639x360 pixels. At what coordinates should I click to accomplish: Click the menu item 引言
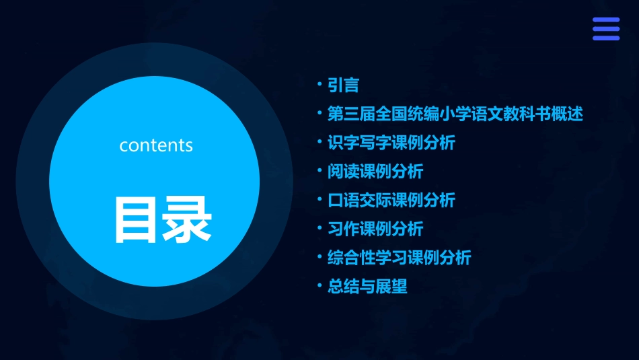coord(343,85)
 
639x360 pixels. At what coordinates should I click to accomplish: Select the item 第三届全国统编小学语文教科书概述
coord(455,114)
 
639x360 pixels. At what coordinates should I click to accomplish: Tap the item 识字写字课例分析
coord(391,143)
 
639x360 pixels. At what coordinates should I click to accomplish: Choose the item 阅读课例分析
coord(375,172)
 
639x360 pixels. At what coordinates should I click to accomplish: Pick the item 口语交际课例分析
coord(391,200)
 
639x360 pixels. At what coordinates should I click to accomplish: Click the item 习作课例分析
coord(375,229)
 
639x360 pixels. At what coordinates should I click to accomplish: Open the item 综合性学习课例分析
coord(399,258)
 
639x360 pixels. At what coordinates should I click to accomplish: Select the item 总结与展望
coord(367,287)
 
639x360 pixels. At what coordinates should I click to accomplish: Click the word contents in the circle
coord(156,145)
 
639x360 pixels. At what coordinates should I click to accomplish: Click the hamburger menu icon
coord(606,29)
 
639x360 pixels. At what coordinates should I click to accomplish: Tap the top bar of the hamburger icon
coord(606,20)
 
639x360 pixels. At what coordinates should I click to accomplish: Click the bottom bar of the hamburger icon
coord(606,38)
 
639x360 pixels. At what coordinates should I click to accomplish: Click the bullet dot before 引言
coord(320,85)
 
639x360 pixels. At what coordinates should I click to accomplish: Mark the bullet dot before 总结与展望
coord(320,287)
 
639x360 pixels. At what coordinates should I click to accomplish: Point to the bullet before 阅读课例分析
coord(320,172)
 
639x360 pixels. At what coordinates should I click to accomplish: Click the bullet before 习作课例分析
coord(320,229)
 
